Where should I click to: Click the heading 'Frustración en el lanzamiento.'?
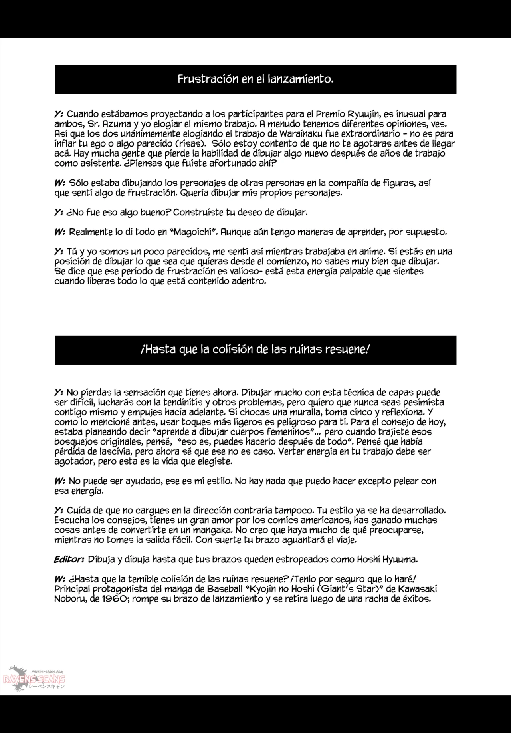click(x=255, y=79)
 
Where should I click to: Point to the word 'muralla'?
click(x=305, y=412)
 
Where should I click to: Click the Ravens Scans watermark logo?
click(x=34, y=679)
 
